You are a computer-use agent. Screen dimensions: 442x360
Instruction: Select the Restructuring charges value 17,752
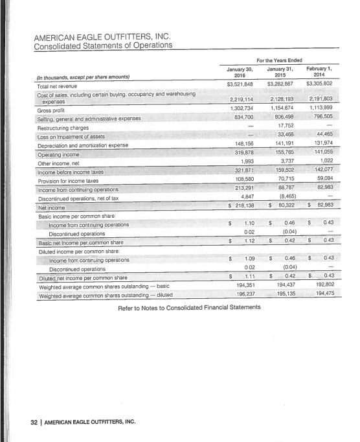tap(284, 126)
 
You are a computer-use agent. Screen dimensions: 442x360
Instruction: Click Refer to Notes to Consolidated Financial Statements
tap(179, 307)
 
